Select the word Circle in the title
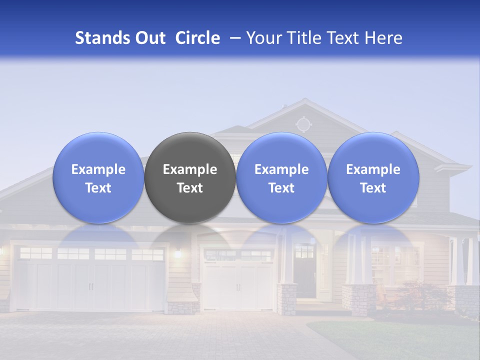tap(197, 38)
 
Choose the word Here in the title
tap(384, 38)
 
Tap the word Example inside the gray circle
tap(190, 169)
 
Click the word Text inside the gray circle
tap(190, 188)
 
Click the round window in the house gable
tap(303, 123)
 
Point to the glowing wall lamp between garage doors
tap(177, 253)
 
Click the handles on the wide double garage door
tap(91, 286)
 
